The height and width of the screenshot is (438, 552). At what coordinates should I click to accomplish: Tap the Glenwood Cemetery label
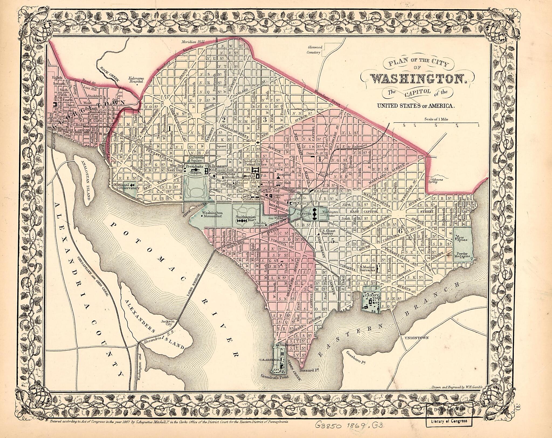[315, 50]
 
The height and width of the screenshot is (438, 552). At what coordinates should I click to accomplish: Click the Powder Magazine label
[463, 255]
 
